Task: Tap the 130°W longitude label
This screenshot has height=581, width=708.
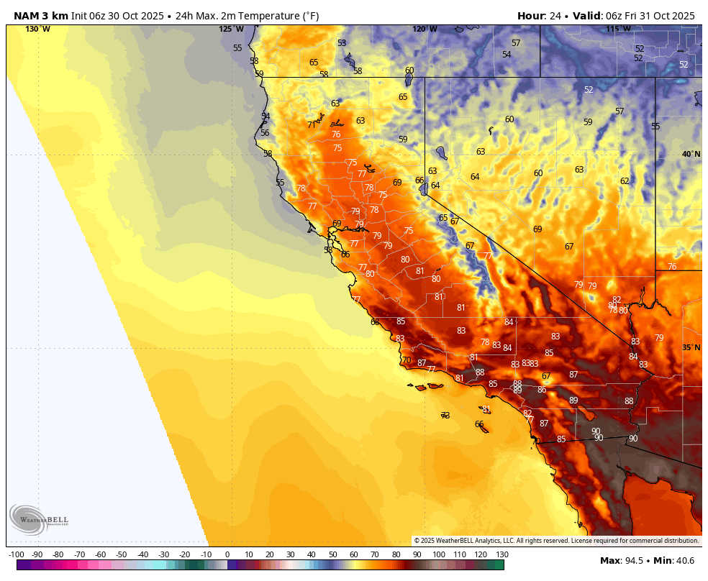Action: click(37, 29)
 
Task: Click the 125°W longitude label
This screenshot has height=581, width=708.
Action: click(231, 29)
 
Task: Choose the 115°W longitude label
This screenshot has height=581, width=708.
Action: click(617, 29)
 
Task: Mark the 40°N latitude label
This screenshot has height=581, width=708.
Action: click(691, 154)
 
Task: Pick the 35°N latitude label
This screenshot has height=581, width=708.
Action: click(691, 347)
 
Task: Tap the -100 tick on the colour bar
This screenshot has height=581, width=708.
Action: click(17, 554)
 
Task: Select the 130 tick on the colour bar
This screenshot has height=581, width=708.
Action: click(502, 554)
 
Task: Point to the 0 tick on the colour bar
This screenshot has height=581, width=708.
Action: click(227, 554)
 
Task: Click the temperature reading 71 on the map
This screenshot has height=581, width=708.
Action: click(312, 124)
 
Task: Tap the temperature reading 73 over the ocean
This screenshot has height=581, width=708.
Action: click(445, 416)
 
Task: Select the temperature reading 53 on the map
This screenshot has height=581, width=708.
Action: click(342, 43)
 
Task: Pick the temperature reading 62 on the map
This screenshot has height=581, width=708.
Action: click(625, 181)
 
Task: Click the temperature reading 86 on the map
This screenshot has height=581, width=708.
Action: click(542, 390)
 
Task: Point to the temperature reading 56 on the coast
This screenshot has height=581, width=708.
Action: click(265, 133)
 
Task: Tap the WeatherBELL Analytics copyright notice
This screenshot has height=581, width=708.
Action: click(555, 540)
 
